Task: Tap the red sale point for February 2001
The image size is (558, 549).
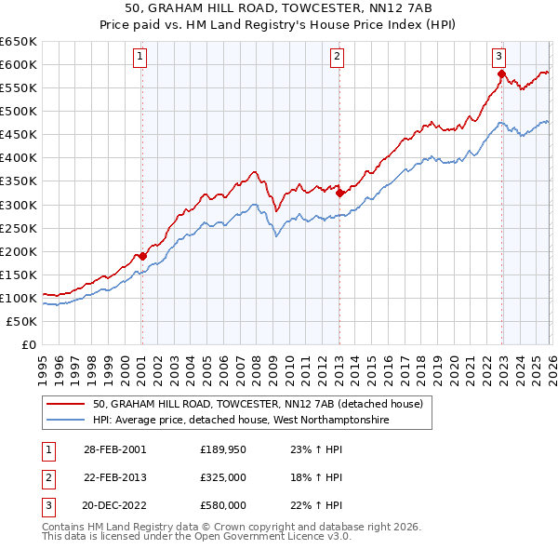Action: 142,256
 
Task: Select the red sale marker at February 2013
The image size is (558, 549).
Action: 339,193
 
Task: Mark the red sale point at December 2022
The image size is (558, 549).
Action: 501,74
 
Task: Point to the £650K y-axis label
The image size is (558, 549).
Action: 19,42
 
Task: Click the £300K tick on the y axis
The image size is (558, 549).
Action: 19,205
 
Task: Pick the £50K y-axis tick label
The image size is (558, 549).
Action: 22,321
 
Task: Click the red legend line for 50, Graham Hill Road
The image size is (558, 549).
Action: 66,404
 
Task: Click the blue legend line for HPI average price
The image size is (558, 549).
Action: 66,421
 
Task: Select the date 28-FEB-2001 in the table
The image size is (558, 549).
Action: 115,449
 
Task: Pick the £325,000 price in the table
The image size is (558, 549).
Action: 223,477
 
